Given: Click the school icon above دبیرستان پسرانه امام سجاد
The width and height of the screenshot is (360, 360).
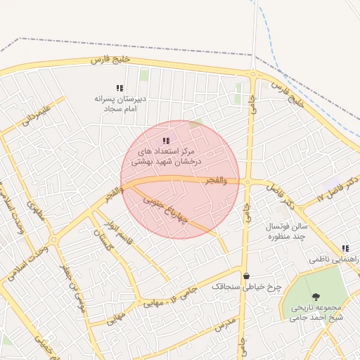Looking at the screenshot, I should pyautogui.click(x=120, y=88).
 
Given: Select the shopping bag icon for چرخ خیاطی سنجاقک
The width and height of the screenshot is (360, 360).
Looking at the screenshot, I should pyautogui.click(x=246, y=275).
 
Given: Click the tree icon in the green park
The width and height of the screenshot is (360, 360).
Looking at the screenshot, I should pyautogui.click(x=316, y=297).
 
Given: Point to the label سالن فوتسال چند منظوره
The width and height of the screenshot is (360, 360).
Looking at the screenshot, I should pyautogui.click(x=287, y=231).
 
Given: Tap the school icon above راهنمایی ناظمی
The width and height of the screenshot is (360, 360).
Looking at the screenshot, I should pyautogui.click(x=345, y=248).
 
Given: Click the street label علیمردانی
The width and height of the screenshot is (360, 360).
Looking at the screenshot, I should pyautogui.click(x=36, y=114).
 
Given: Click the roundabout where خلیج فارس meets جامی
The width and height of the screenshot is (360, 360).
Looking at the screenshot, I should pyautogui.click(x=252, y=73).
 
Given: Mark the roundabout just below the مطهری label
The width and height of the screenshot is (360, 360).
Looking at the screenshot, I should pyautogui.click(x=53, y=240).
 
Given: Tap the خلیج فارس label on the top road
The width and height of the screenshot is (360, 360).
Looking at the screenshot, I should pyautogui.click(x=110, y=61).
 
